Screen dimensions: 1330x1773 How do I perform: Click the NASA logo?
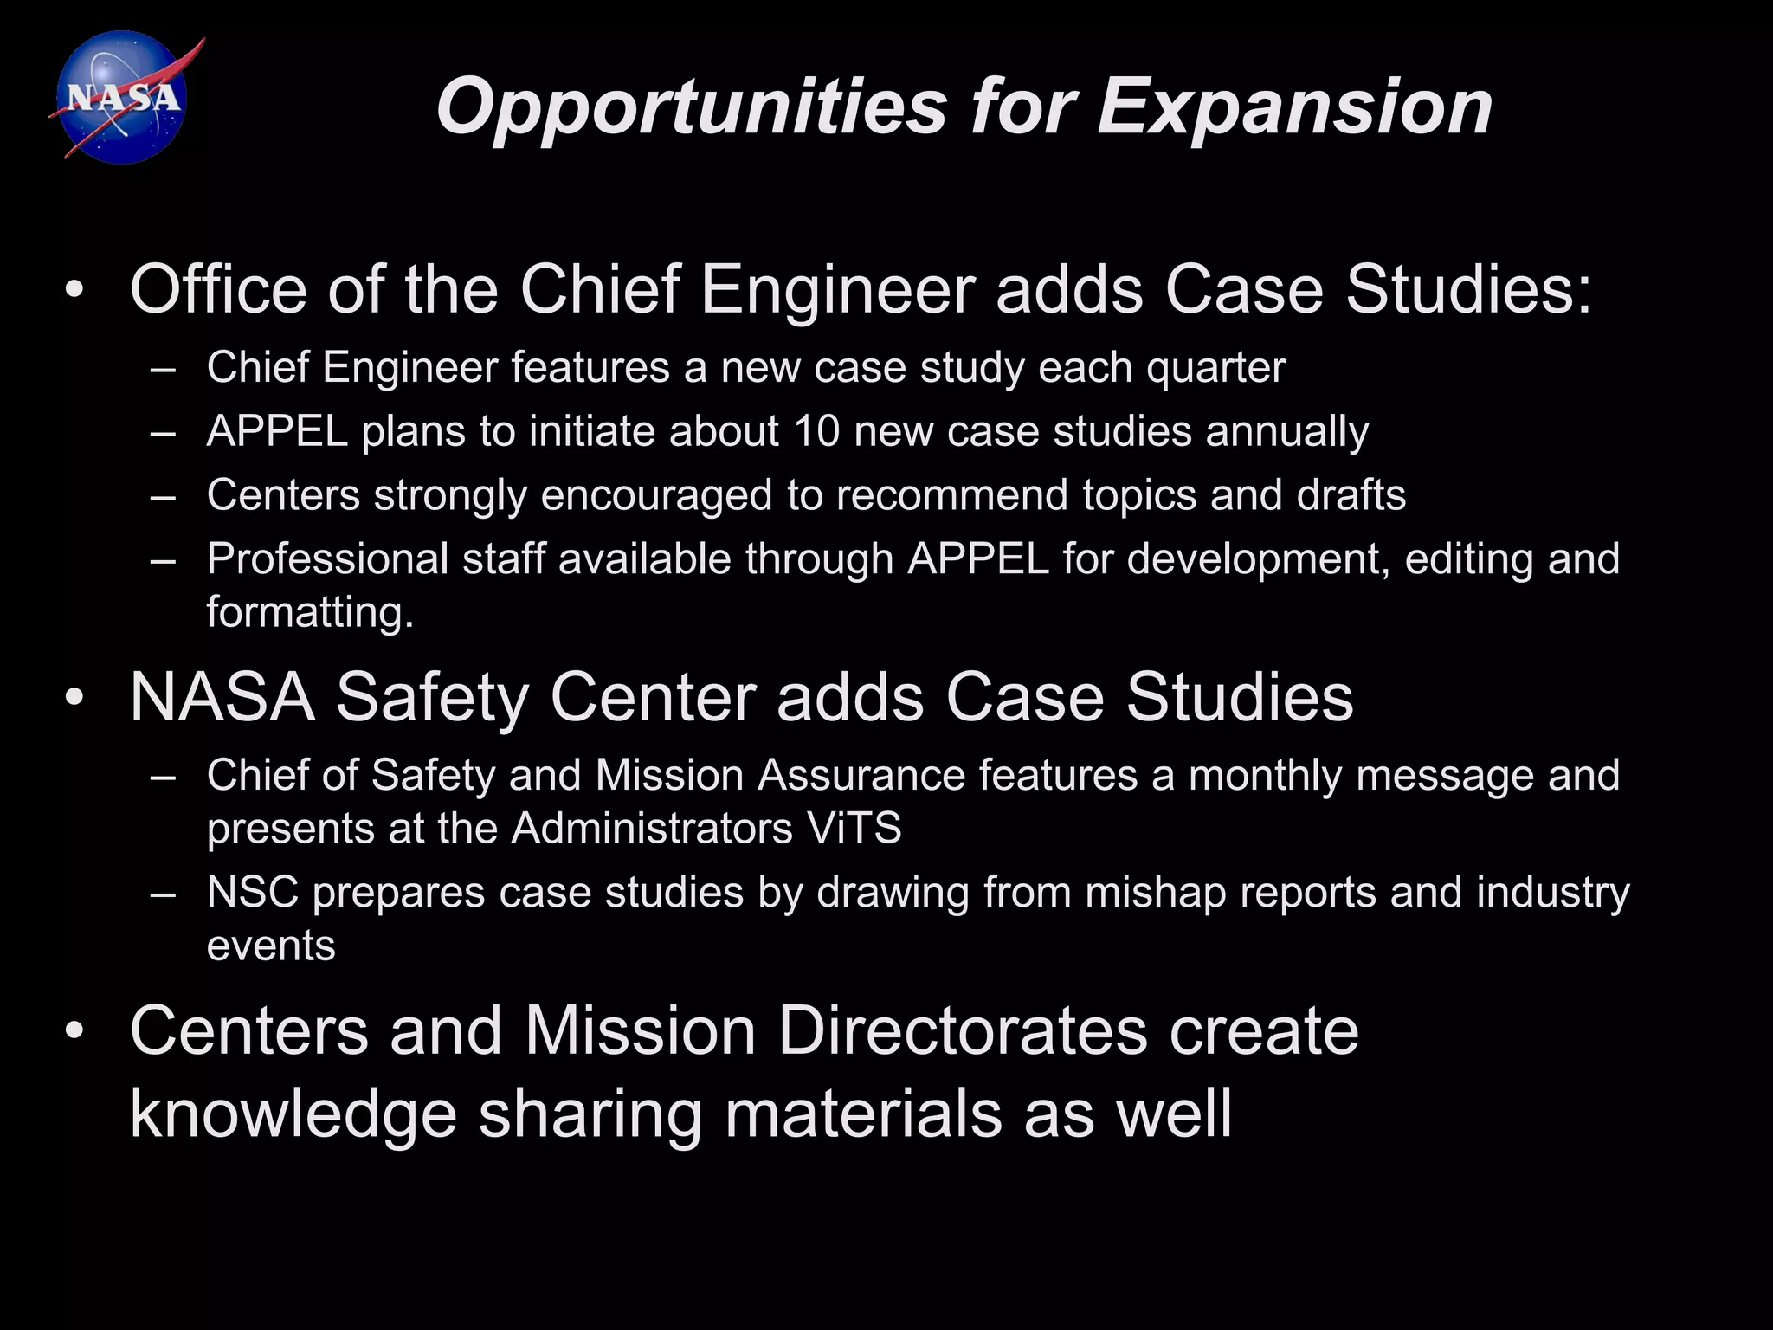point(123,98)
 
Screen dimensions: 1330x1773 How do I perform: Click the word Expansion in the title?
point(1294,107)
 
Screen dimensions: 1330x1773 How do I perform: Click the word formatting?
point(310,612)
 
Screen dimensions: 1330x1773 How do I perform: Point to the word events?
point(271,946)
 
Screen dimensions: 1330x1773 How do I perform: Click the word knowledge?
point(293,1114)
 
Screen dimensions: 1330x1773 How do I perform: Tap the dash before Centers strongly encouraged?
point(162,496)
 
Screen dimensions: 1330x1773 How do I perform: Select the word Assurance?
point(861,775)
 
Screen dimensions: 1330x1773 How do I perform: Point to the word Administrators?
point(650,828)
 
